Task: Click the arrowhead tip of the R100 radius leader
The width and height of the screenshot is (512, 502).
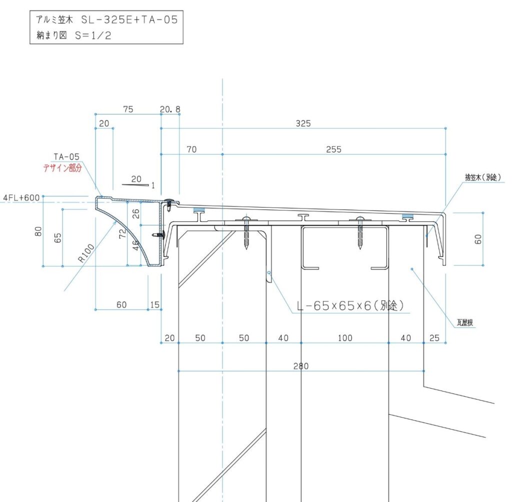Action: tap(117, 220)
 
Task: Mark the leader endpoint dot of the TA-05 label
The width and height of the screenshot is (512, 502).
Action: tap(101, 196)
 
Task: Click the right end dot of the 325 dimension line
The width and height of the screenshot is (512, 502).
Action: tap(445, 128)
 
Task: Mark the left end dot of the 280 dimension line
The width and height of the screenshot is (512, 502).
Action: tap(178, 371)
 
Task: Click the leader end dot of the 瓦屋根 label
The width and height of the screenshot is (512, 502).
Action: tap(412, 269)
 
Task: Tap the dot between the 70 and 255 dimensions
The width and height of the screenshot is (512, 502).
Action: tap(222, 154)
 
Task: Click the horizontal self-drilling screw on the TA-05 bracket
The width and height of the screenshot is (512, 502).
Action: tap(159, 234)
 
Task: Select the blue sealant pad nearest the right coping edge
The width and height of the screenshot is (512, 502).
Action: tap(406, 216)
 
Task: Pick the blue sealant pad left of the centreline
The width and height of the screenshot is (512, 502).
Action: tap(198, 210)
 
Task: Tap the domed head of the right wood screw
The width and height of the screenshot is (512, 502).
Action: tap(359, 218)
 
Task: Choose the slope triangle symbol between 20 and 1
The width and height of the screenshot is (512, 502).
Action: tap(135, 185)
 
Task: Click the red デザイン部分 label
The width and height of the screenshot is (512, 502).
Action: tap(62, 168)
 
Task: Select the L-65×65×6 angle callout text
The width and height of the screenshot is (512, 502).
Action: tap(350, 305)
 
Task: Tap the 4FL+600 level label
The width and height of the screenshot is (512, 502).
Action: tap(21, 197)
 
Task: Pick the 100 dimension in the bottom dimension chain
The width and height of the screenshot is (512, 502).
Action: tap(345, 338)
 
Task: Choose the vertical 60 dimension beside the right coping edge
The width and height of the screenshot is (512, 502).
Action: tap(478, 239)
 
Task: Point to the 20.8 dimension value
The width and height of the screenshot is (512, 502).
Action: tap(170, 109)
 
